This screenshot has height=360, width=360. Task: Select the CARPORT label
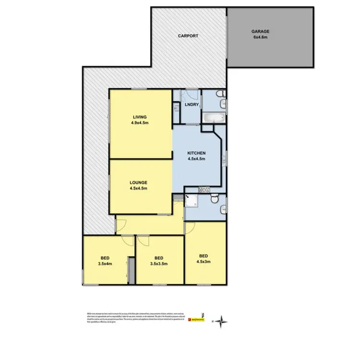tap(188, 36)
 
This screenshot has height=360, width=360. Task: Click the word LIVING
tap(140, 117)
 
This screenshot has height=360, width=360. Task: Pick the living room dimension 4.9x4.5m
tap(140, 123)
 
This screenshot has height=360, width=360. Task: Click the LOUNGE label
tap(138, 182)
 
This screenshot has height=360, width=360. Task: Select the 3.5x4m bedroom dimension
tap(104, 263)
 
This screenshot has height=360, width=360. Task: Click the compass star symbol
tap(220, 321)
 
